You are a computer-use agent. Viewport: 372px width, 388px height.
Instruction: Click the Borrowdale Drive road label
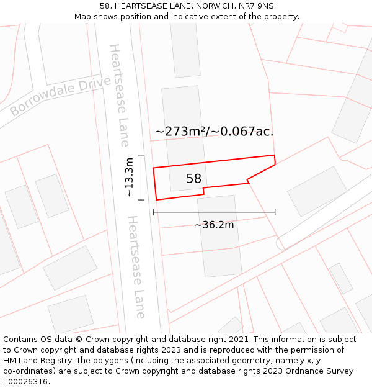coord(60,96)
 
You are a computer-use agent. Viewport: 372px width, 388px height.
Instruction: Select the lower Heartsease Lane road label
coord(136,267)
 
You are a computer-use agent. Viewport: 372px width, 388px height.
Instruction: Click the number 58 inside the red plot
coord(193,179)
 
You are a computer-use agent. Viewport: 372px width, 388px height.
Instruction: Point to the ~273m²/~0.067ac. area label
coord(214,132)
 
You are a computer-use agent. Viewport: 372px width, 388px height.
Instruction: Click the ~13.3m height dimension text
coord(129,178)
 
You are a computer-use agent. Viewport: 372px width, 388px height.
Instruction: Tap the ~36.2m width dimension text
coord(215,225)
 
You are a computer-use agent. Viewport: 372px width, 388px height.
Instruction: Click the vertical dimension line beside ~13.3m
coord(141,178)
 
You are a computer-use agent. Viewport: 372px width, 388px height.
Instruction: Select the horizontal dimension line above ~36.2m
coord(214,212)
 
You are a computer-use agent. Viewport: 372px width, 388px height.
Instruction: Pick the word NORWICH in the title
coord(212,6)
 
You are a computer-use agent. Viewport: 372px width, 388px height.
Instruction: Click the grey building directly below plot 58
coord(219,236)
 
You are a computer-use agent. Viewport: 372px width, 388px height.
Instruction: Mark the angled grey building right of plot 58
coord(317,191)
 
